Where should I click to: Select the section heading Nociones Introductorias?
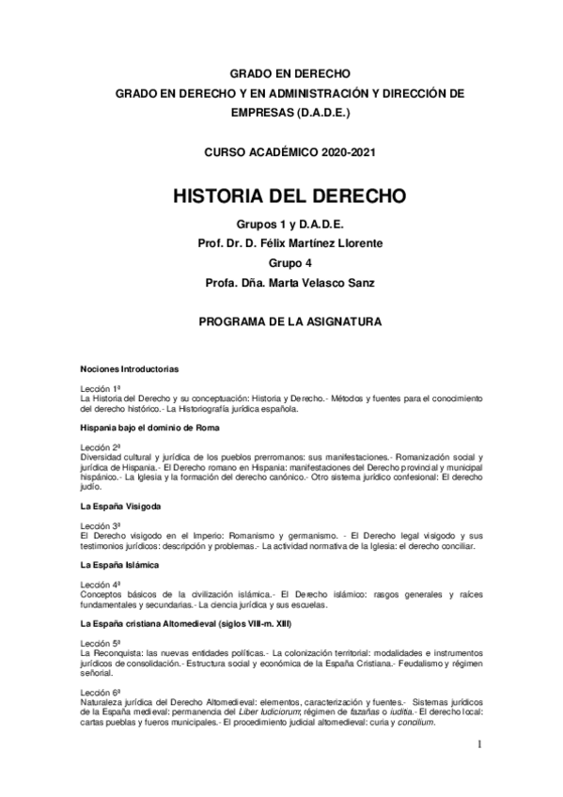[x=131, y=369]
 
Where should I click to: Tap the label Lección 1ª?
[x=102, y=388]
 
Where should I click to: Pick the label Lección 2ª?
[x=102, y=446]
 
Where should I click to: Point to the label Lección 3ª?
[x=102, y=524]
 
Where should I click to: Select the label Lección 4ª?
[x=102, y=584]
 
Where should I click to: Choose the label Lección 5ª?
[x=102, y=643]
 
